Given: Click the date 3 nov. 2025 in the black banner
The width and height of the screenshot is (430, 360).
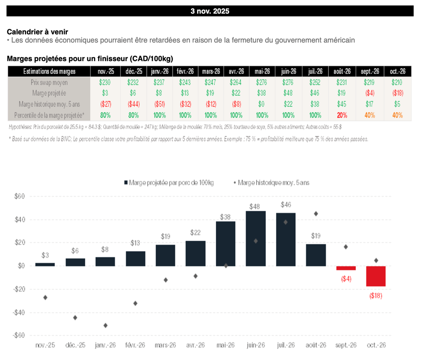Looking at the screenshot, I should click(x=210, y=11).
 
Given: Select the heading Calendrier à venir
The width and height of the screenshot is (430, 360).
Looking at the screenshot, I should click(x=37, y=32).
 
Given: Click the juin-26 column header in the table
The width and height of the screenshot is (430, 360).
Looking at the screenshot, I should click(x=288, y=71).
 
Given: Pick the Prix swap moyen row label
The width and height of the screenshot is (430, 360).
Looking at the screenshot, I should click(x=49, y=83).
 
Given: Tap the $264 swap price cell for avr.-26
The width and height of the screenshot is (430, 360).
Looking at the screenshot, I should click(x=236, y=83).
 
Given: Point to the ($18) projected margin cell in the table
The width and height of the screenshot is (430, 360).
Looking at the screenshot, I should click(x=397, y=93).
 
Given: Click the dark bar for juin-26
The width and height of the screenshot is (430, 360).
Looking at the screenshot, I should click(x=256, y=238).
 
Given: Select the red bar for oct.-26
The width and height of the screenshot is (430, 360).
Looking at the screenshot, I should click(x=376, y=276).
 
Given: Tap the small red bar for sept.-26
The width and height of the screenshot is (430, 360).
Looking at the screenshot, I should click(x=346, y=268).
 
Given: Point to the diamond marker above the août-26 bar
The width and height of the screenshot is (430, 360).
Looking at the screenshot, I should click(x=316, y=214).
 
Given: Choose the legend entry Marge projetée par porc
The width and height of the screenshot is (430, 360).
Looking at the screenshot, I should click(x=168, y=183).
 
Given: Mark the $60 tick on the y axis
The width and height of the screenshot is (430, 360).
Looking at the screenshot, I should click(x=20, y=196).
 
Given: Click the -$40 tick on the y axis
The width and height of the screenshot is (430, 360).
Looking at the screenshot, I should click(x=19, y=313).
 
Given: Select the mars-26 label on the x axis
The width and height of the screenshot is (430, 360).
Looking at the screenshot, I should click(x=165, y=345).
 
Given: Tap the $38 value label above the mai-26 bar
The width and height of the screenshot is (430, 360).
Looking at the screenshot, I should click(x=225, y=217).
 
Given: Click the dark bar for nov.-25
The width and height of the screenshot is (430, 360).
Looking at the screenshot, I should click(x=45, y=264).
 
